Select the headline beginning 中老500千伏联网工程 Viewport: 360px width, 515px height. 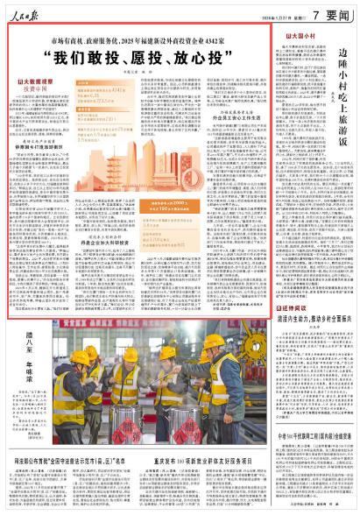click(x=308, y=434)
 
